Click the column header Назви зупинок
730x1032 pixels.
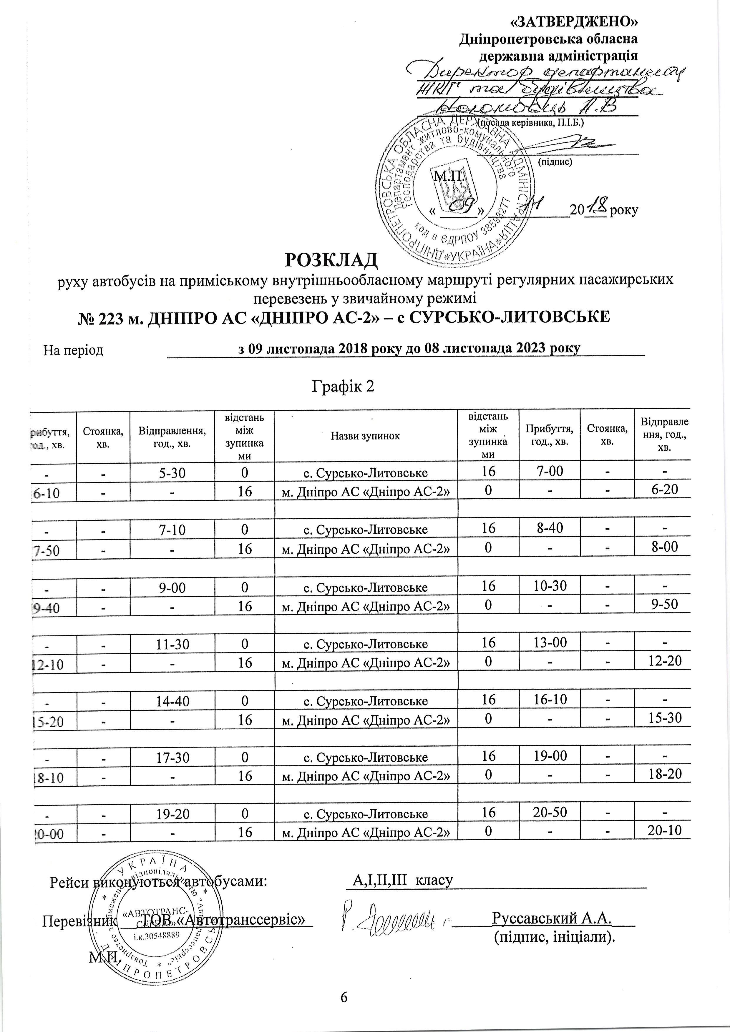(365, 435)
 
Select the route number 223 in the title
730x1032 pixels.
(119, 317)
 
